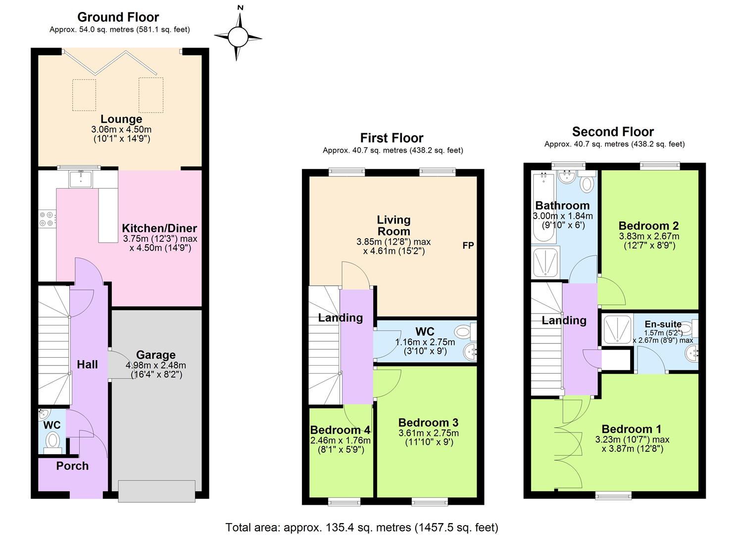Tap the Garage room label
156,355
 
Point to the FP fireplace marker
468,245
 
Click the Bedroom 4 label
340,430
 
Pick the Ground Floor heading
118,17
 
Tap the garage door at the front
156,491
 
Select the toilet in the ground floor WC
52,440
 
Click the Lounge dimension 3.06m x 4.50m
121,129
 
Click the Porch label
72,466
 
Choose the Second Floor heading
613,132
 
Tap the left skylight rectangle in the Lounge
84,95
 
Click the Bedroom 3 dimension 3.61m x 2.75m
428,433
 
